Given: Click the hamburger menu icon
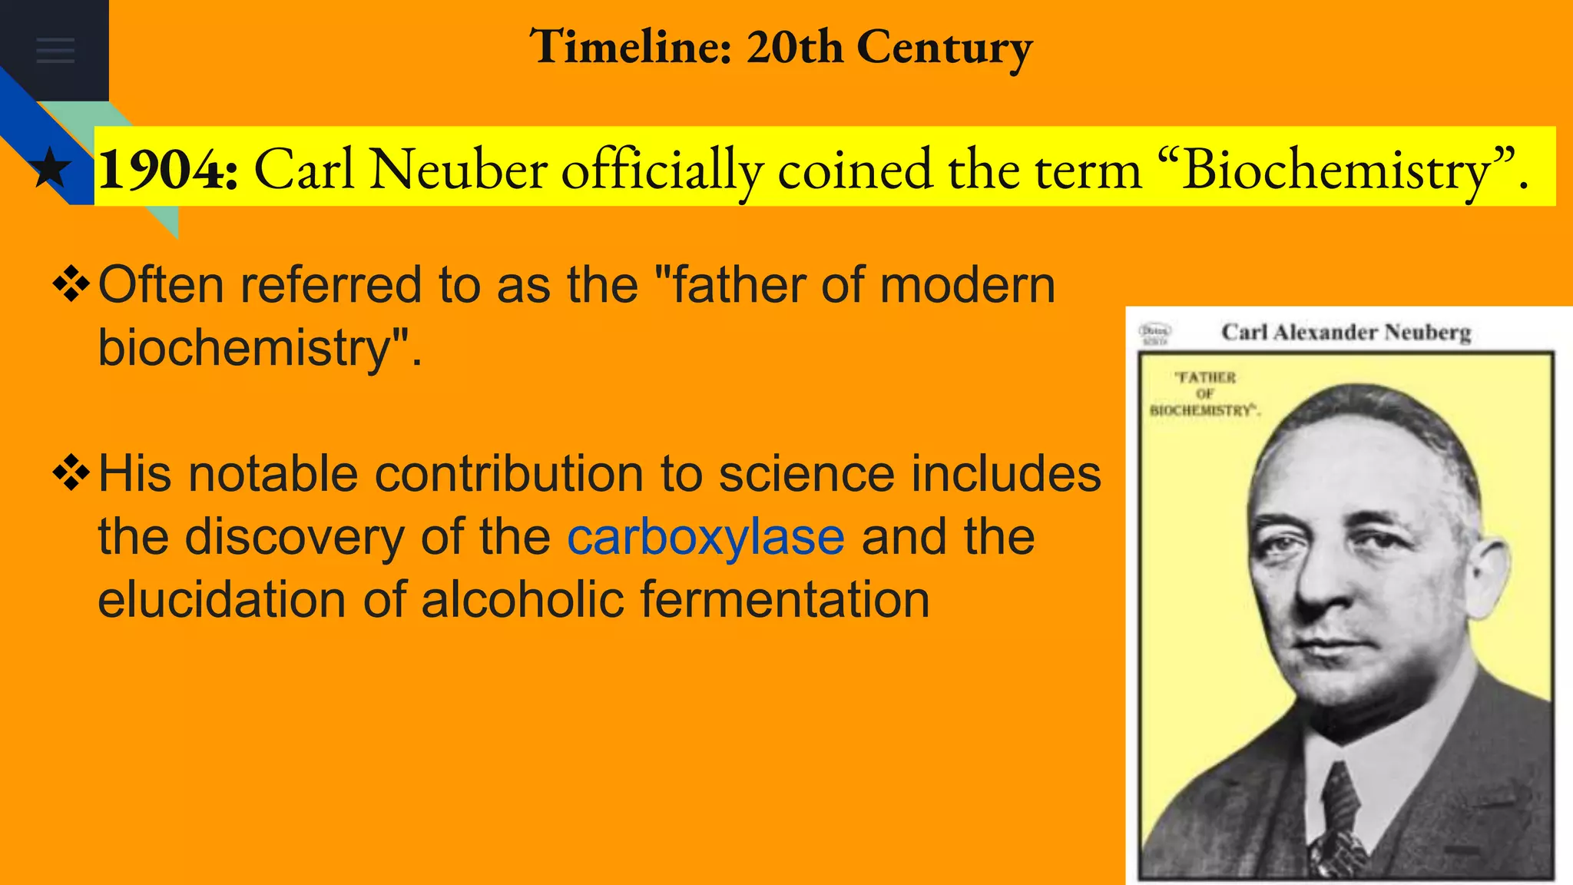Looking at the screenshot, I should point(55,50).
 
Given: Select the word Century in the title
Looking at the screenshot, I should point(944,48).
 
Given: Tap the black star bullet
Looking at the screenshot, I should point(51,169).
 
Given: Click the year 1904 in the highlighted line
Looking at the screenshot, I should point(168,169).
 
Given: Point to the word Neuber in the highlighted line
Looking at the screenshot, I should point(459,169).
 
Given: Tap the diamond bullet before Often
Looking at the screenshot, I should point(71,285).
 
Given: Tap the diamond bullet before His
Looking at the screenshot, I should point(71,473).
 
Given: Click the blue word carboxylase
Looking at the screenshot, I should point(706,536).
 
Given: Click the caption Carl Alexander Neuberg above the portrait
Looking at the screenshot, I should point(1346,332).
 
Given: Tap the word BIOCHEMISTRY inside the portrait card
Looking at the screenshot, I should point(1202,410).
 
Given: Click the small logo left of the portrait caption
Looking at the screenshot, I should point(1154,333).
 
